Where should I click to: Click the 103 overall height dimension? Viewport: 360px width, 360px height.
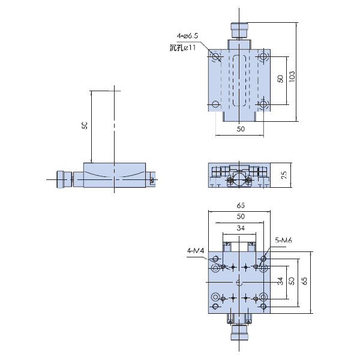pos(292,77)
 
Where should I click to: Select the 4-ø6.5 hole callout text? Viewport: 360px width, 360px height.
pos(187,36)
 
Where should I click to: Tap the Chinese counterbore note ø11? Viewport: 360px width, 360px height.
pos(182,47)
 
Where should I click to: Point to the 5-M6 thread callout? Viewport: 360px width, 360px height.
pos(283,241)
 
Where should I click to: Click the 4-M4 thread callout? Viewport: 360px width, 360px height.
pos(196,250)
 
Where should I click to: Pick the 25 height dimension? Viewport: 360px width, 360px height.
pos(284,175)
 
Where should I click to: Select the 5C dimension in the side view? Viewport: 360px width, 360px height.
pos(85,125)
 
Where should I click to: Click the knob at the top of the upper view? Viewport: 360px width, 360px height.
pos(239,30)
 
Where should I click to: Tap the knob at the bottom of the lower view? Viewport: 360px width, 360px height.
pos(239,332)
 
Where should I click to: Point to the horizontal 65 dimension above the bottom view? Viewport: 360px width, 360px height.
pos(241,205)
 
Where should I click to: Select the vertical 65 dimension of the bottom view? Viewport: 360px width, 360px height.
pos(304,281)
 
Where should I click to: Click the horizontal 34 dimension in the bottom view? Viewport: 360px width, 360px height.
pos(241,228)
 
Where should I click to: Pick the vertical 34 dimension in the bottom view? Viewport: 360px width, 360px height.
pos(280,281)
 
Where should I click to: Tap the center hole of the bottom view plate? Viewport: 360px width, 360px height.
pos(239,283)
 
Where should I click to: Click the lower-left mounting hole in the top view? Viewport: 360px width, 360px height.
pos(215,104)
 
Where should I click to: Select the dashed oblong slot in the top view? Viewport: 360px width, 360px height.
pos(239,80)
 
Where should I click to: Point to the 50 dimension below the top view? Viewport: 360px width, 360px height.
pos(241,129)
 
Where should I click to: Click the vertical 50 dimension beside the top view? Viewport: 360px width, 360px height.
pos(280,79)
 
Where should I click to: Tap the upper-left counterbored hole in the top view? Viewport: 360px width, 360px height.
pos(216,56)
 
